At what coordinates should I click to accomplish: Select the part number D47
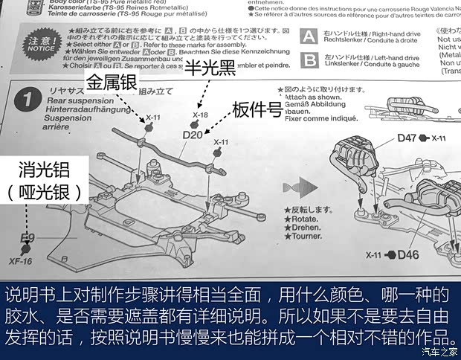coord(406,138)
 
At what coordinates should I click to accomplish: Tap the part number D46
coord(408,254)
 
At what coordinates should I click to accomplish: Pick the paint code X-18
coord(200,115)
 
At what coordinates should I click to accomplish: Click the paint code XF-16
coord(22,261)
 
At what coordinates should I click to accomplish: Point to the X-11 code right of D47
coord(438,138)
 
